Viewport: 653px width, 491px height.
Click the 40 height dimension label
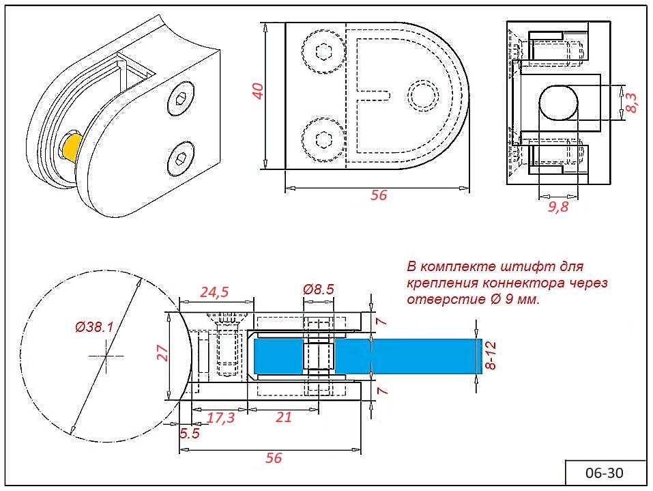click(258, 91)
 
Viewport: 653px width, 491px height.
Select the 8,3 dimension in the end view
click(631, 102)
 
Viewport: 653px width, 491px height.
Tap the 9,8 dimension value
click(557, 206)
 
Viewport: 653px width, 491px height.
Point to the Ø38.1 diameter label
click(94, 327)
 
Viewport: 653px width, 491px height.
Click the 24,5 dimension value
click(214, 292)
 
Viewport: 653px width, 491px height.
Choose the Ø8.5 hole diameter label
click(319, 289)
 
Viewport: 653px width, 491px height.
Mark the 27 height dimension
click(162, 353)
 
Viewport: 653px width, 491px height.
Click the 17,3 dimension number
click(220, 418)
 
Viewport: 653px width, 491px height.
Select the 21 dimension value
click(284, 417)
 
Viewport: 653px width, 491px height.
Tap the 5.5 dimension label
click(190, 434)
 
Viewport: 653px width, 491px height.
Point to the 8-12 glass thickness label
click(491, 355)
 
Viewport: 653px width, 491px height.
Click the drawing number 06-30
click(605, 473)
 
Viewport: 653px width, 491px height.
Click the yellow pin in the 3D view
click(71, 147)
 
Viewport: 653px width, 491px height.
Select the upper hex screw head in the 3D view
click(181, 98)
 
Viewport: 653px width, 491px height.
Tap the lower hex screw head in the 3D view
click(180, 159)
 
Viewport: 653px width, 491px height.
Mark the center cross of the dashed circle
click(106, 356)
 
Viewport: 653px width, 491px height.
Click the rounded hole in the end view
click(559, 102)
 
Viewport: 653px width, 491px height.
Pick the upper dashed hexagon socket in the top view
click(323, 52)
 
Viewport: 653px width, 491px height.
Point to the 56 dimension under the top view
click(379, 195)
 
